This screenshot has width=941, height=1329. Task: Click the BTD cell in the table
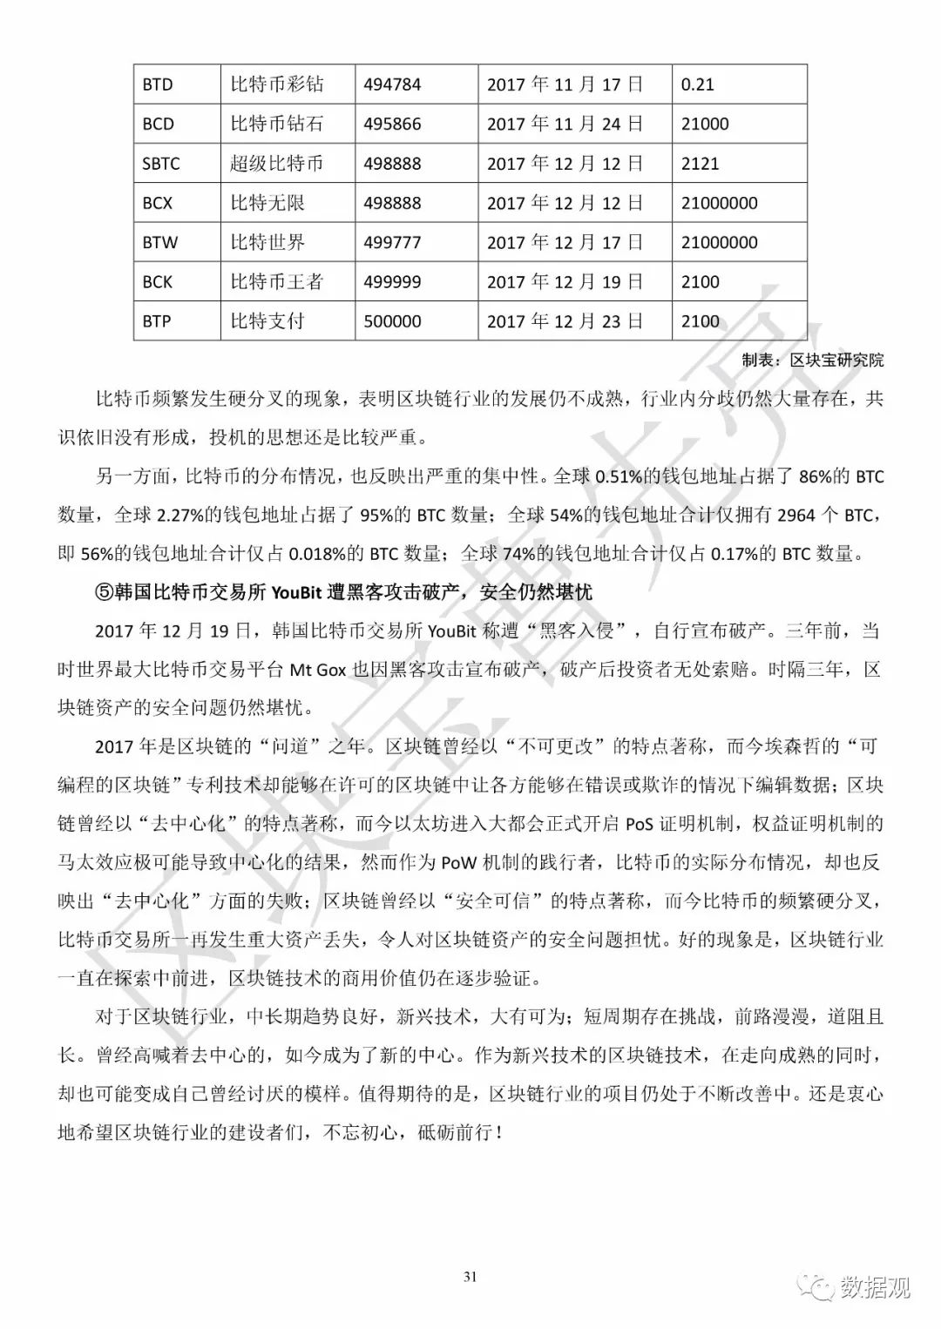[x=158, y=84]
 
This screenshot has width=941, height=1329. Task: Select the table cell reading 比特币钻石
[x=276, y=124]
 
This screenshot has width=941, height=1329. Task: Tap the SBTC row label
[x=161, y=164]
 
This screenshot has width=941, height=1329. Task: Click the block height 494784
[x=392, y=84]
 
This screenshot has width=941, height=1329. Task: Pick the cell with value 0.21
[x=697, y=84]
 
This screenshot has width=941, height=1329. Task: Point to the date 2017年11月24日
[x=565, y=124]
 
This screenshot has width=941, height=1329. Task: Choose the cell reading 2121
[x=701, y=164]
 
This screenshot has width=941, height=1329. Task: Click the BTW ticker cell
[x=159, y=243]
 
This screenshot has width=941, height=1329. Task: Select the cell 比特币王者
[x=276, y=282]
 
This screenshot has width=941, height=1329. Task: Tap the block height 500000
[x=392, y=321]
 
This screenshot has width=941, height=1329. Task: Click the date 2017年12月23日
[x=565, y=321]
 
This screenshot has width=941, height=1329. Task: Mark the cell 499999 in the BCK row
[x=392, y=282]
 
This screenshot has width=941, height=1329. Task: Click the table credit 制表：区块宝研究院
[x=812, y=360]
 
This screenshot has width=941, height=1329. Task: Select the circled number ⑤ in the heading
[x=104, y=593]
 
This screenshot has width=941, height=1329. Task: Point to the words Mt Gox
[x=317, y=670]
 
